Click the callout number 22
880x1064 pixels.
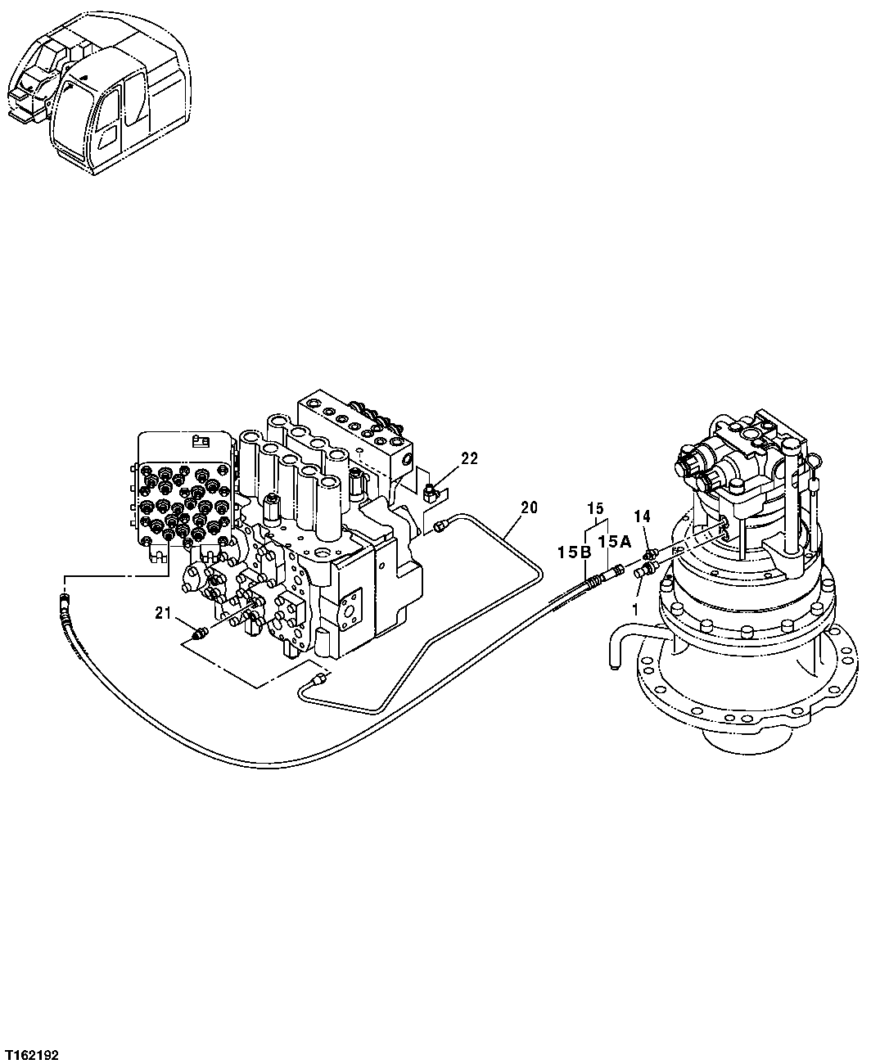tap(468, 459)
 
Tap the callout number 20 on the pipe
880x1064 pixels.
tap(529, 507)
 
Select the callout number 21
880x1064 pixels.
tap(163, 613)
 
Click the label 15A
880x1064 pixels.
tap(613, 542)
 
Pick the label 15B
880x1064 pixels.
tap(575, 553)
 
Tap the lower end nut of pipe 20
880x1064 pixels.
tap(320, 679)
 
